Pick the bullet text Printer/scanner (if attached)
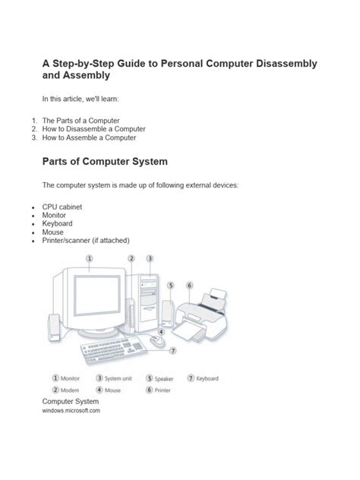click(87, 239)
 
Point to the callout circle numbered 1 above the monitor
click(90, 258)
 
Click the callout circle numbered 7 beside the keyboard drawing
click(173, 351)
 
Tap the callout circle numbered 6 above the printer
click(190, 286)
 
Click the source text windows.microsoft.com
click(71, 410)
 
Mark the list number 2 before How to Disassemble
click(34, 129)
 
